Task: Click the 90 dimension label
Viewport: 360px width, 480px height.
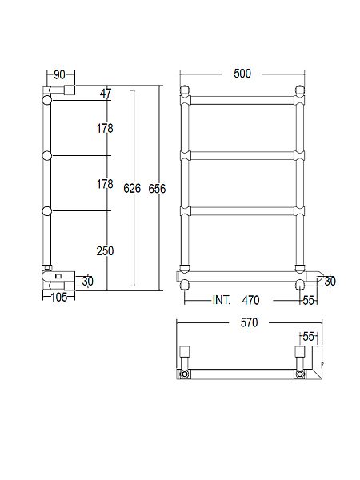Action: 59,74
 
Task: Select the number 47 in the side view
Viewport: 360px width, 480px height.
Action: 106,93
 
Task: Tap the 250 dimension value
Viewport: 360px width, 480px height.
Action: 105,251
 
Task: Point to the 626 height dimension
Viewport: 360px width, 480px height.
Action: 132,188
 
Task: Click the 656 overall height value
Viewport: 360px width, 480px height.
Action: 157,189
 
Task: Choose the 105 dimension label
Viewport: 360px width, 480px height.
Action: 58,297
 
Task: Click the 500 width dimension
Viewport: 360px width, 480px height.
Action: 242,74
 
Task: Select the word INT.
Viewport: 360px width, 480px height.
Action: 222,300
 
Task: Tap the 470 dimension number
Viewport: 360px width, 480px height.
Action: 250,300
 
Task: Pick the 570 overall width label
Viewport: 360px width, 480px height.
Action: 249,322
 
